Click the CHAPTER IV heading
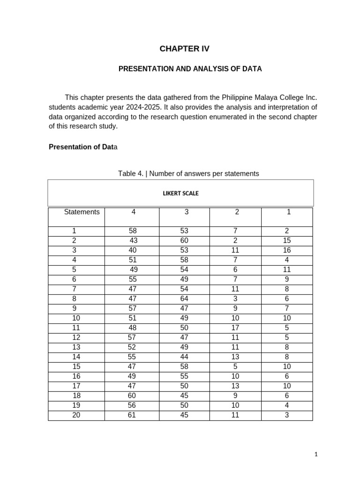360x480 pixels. click(x=184, y=49)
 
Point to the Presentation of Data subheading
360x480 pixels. click(x=83, y=147)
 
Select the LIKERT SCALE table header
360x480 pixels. click(x=180, y=193)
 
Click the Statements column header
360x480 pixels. click(x=82, y=212)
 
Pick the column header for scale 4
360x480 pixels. click(x=134, y=212)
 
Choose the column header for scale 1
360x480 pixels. click(x=289, y=212)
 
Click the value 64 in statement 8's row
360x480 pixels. click(x=184, y=299)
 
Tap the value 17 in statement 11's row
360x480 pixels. click(x=235, y=328)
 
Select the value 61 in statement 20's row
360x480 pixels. click(x=132, y=415)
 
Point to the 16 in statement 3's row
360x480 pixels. click(x=287, y=250)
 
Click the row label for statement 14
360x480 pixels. click(x=76, y=357)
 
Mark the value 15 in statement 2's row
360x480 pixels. click(x=287, y=240)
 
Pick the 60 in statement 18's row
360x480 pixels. click(x=132, y=396)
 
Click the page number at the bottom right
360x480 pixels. click(x=316, y=454)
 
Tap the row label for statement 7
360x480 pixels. click(x=74, y=289)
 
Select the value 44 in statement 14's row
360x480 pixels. click(x=184, y=357)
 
